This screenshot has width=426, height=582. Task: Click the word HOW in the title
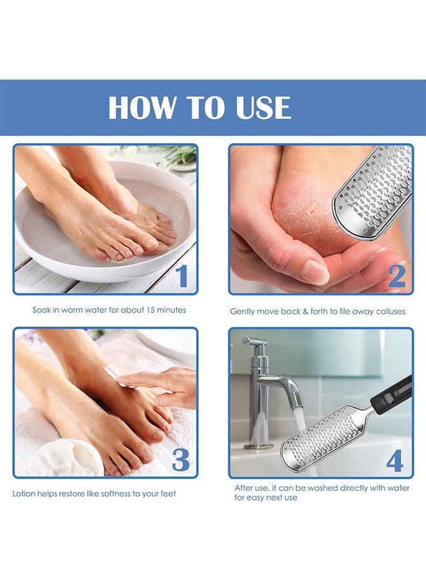(x=141, y=107)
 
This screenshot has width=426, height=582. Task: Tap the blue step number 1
(x=181, y=275)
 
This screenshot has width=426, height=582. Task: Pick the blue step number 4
(x=394, y=460)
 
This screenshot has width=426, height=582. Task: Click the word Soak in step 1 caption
(x=41, y=310)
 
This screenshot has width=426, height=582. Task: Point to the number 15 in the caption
(x=150, y=310)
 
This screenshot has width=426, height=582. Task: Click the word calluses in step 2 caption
(x=391, y=312)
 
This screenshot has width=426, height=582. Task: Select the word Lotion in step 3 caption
(x=23, y=493)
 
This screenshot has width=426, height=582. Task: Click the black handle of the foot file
(x=392, y=395)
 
